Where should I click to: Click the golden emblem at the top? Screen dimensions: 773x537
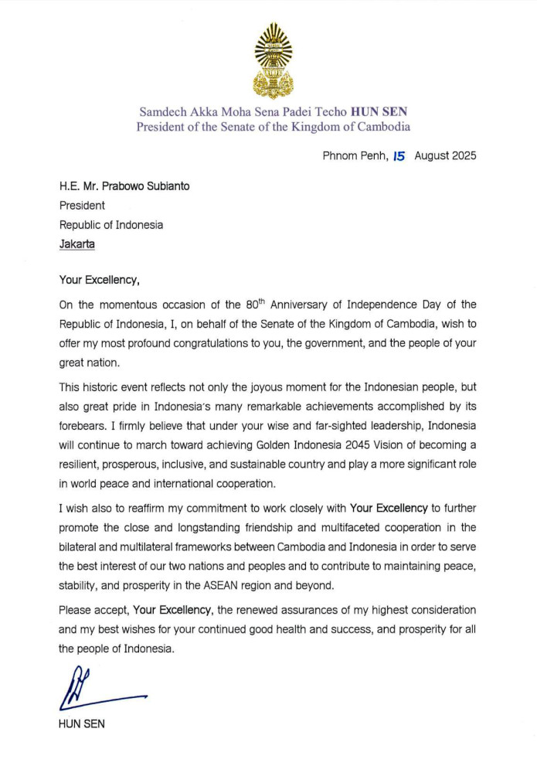pyautogui.click(x=274, y=60)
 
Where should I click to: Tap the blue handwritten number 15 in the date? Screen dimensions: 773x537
pyautogui.click(x=399, y=155)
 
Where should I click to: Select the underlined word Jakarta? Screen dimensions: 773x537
pyautogui.click(x=78, y=244)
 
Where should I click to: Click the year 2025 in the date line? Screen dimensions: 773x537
pyautogui.click(x=462, y=155)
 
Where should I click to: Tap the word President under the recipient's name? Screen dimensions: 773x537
pyautogui.click(x=83, y=206)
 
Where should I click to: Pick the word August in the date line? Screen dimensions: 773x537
pyautogui.click(x=431, y=155)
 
